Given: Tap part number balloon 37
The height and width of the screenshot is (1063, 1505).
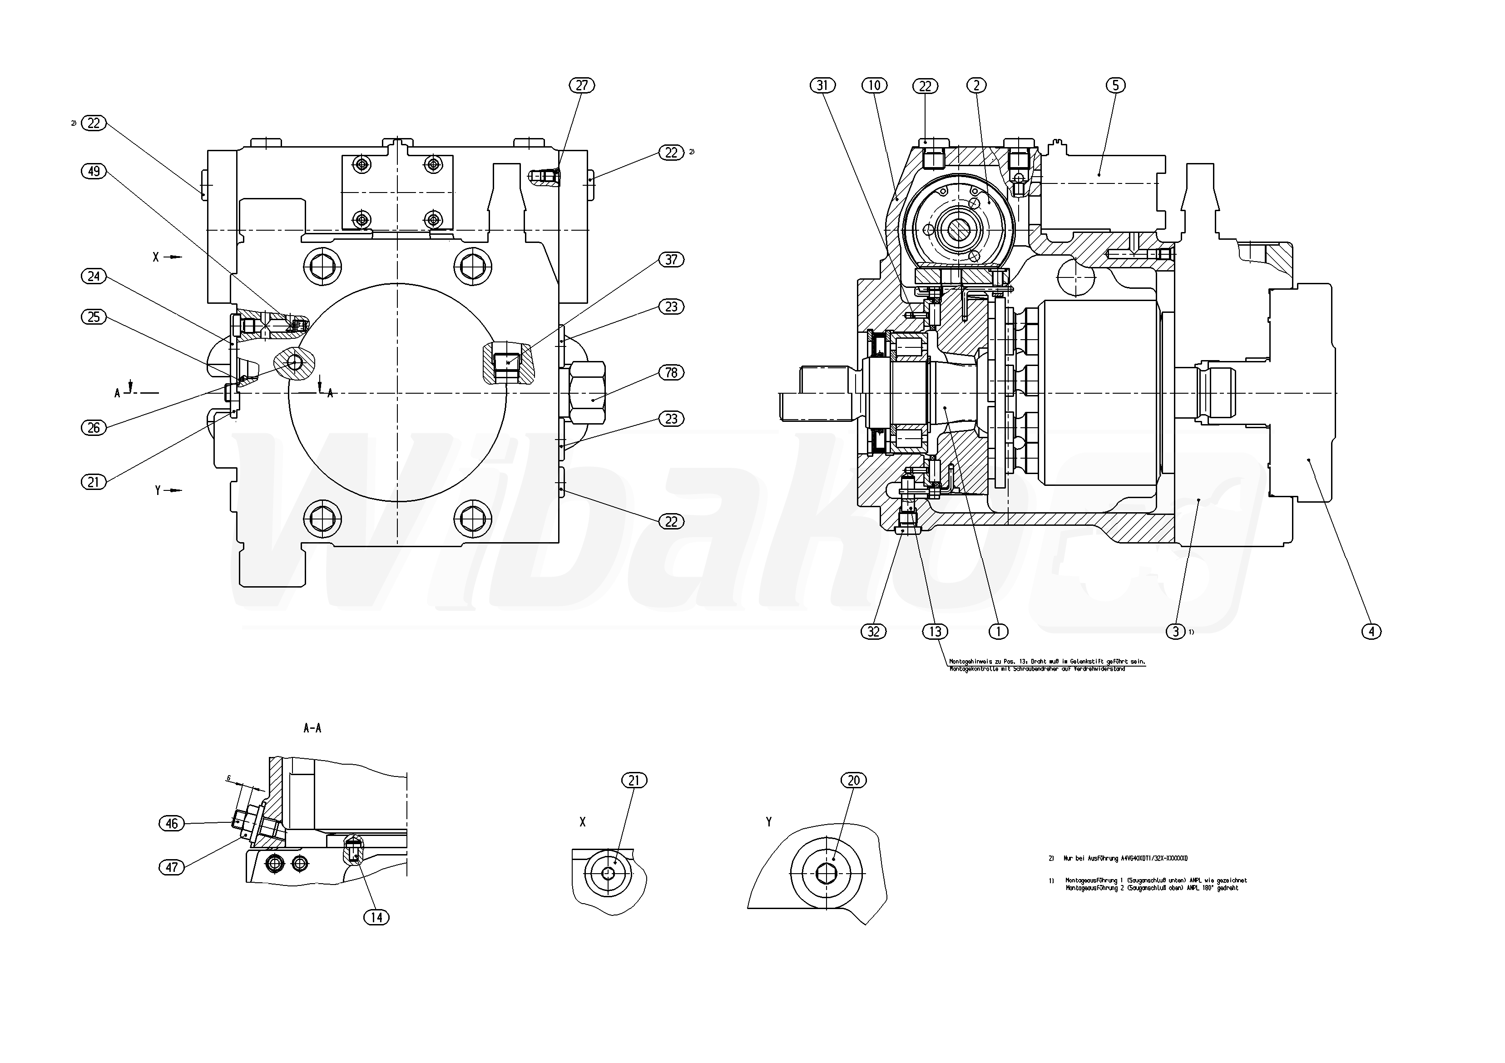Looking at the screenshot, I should pos(671,260).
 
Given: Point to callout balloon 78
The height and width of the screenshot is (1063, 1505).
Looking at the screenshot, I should pos(671,372).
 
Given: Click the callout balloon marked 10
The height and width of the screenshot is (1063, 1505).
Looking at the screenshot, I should pos(874,85).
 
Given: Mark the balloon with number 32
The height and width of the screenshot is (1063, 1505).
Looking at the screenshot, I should pos(873,631).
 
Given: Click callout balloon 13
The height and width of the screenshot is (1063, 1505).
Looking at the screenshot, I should pos(935,631).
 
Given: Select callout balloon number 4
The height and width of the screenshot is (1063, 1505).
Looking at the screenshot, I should pos(1371,631).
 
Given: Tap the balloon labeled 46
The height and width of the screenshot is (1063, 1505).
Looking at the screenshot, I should pos(172,823).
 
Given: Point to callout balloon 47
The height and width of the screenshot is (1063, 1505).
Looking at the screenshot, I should pos(172,867).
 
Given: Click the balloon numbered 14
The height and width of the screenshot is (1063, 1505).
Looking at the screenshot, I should pos(376,918).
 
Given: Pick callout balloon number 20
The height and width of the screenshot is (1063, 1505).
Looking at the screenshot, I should pos(853,780).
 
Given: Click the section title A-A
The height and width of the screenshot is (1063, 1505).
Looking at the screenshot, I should pos(312,728).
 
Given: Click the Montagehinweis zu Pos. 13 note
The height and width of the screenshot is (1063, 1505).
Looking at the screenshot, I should pos(1046,665).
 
